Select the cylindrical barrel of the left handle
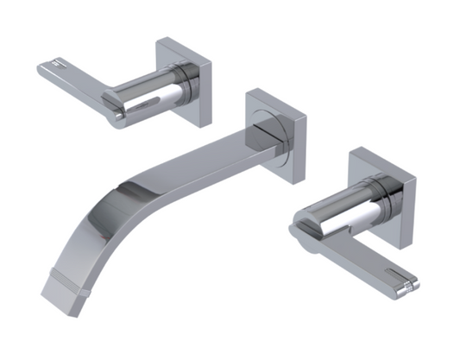[151, 92]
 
